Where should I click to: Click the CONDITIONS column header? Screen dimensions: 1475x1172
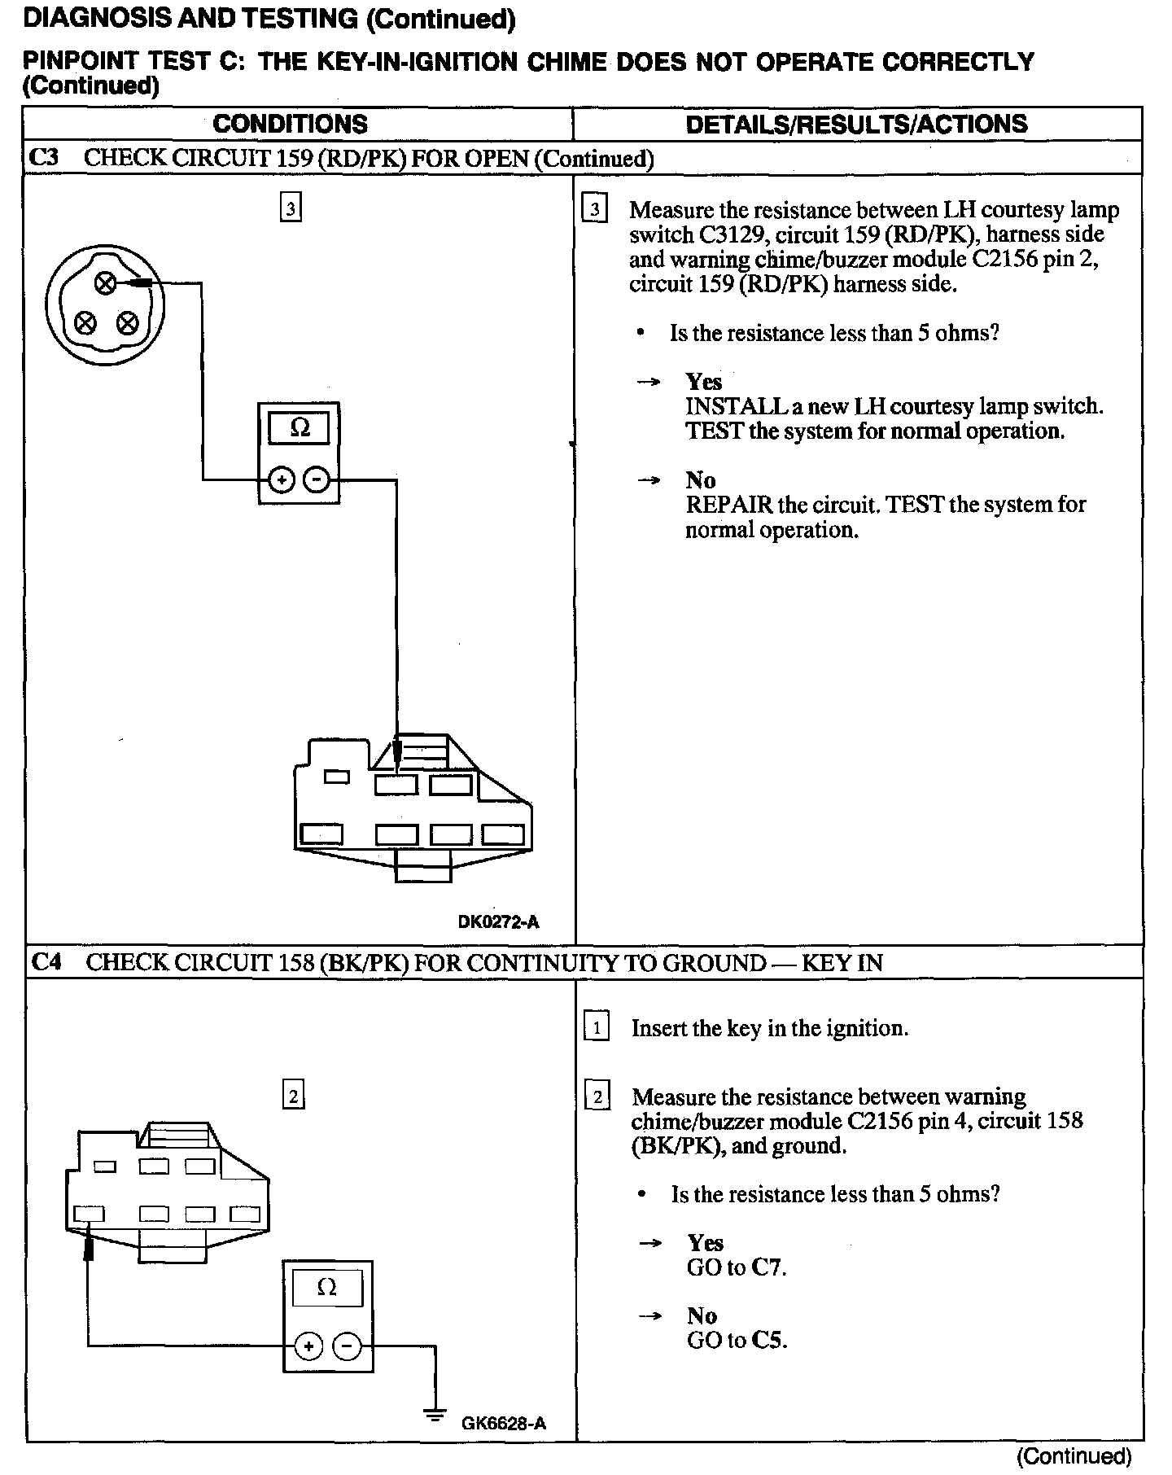(x=290, y=124)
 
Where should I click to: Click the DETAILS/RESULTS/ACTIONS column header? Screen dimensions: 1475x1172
(x=856, y=124)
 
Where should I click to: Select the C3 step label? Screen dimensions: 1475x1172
(x=44, y=157)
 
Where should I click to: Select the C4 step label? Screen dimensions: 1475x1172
(x=46, y=962)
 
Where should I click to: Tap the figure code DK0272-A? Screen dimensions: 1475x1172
(x=498, y=921)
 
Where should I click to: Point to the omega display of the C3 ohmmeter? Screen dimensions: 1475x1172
(x=300, y=428)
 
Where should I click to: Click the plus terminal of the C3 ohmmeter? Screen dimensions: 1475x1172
(x=281, y=480)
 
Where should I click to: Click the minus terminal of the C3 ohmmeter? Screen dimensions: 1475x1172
(x=317, y=480)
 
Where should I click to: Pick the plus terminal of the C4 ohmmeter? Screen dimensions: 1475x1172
(x=308, y=1346)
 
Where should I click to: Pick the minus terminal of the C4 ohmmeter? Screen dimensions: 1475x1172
(x=347, y=1346)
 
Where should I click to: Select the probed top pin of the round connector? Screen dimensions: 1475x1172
(x=105, y=283)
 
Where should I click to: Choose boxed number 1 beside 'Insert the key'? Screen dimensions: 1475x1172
(x=597, y=1027)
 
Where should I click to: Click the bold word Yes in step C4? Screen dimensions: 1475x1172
(x=705, y=1243)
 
